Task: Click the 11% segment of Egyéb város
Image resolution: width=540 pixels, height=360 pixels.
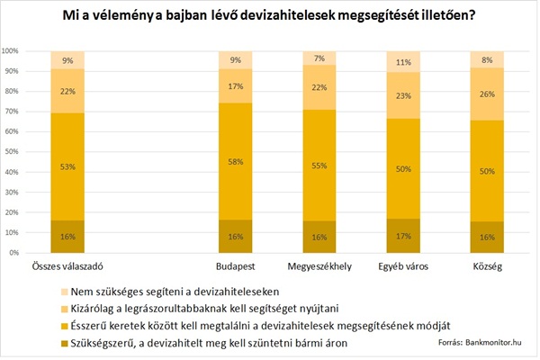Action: pyautogui.click(x=402, y=62)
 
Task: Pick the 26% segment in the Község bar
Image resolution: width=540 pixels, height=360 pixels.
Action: pyautogui.click(x=486, y=94)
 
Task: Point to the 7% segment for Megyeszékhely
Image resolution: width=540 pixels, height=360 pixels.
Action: pyautogui.click(x=319, y=58)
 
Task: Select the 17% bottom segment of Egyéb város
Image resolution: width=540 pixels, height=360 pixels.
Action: pyautogui.click(x=402, y=236)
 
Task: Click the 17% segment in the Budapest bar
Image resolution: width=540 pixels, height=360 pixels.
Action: pyautogui.click(x=235, y=85)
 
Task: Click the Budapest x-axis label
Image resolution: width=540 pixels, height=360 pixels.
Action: pyautogui.click(x=235, y=266)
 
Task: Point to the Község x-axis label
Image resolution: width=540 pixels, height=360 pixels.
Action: pyautogui.click(x=486, y=266)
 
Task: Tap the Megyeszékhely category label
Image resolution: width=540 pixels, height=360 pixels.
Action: pyautogui.click(x=319, y=266)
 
